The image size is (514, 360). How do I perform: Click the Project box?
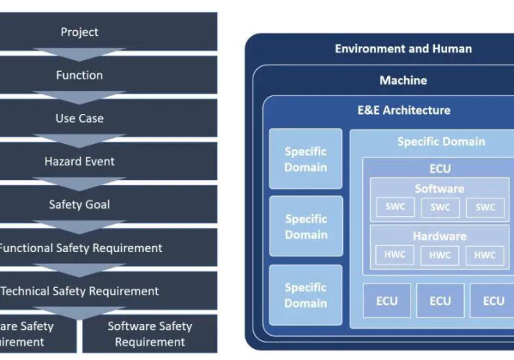point(79,32)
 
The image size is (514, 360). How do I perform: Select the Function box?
point(79,75)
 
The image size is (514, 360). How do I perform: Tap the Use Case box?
point(79,118)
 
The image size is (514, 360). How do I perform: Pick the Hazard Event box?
point(79,161)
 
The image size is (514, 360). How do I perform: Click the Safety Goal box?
point(79,204)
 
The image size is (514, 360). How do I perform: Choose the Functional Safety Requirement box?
point(79,248)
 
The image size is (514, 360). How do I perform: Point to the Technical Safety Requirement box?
point(79,291)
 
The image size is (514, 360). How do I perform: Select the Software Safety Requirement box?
point(150,334)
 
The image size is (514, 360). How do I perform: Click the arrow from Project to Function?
point(79,54)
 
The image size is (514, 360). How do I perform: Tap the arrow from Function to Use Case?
point(79,97)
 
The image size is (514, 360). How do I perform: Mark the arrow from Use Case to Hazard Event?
point(79,140)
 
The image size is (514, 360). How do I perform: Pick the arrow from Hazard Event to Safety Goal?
point(79,183)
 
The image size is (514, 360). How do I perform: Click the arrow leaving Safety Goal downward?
point(79,226)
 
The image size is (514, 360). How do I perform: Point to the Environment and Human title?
point(403,49)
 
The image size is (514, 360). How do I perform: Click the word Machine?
point(403,80)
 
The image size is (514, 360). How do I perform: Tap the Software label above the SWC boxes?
point(439,189)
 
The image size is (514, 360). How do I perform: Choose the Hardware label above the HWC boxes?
point(439,237)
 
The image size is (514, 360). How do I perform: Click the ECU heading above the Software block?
point(439,168)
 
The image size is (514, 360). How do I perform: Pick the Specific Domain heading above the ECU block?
point(441,141)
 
